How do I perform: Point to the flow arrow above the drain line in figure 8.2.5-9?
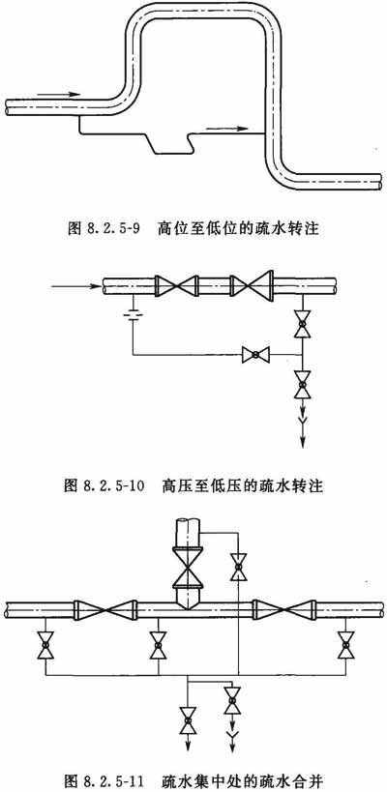pyautogui.click(x=226, y=129)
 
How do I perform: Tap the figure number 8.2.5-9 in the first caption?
pyautogui.click(x=117, y=229)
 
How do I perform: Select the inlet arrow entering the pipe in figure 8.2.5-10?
pyautogui.click(x=75, y=286)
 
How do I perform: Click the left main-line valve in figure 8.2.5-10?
pyautogui.click(x=176, y=286)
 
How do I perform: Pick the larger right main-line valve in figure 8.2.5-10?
pyautogui.click(x=252, y=286)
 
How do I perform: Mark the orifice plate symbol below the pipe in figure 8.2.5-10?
pyautogui.click(x=133, y=315)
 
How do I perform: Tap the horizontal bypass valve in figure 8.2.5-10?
pyautogui.click(x=255, y=355)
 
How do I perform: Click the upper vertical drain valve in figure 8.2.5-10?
pyautogui.click(x=302, y=324)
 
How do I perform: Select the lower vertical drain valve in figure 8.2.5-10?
pyautogui.click(x=302, y=384)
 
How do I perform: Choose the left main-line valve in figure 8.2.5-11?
pyautogui.click(x=105, y=610)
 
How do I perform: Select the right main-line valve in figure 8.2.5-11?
pyautogui.click(x=285, y=610)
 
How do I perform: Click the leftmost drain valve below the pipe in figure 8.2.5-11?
pyautogui.click(x=45, y=646)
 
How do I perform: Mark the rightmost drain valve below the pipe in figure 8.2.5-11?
pyautogui.click(x=346, y=646)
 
